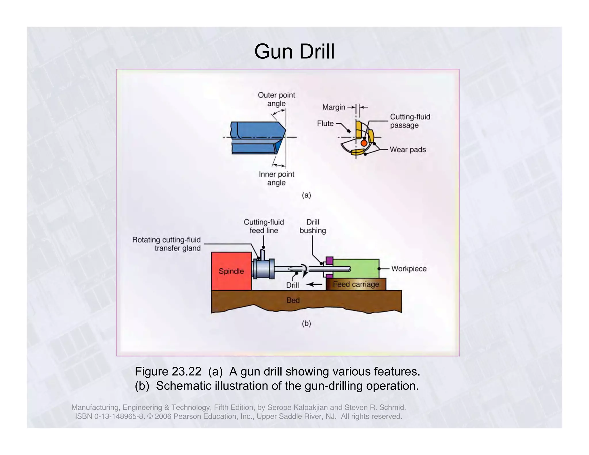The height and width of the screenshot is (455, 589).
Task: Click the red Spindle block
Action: (x=231, y=271)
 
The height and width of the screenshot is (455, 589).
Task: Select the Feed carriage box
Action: (x=356, y=284)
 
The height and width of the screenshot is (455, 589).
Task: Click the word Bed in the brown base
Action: (x=293, y=300)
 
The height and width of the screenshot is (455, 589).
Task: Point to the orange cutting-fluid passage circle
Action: (x=364, y=143)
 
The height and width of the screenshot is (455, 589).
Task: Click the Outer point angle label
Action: (x=276, y=99)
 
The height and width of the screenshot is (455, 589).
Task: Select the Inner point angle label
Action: (x=276, y=178)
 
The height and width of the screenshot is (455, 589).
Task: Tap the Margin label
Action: (x=334, y=107)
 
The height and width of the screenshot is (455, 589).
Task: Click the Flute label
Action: (x=325, y=123)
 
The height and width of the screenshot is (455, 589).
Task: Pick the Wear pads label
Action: (x=408, y=150)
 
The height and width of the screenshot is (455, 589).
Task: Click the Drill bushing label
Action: (x=313, y=226)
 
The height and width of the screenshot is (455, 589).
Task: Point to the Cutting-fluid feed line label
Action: (x=264, y=226)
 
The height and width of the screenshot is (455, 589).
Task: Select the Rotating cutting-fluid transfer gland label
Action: (x=167, y=244)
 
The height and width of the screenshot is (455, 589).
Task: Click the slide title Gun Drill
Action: (x=294, y=52)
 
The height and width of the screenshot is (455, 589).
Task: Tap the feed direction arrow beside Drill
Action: (x=314, y=284)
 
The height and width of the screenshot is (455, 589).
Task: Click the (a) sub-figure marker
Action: (x=306, y=195)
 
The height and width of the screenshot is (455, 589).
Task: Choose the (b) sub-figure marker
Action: (x=306, y=324)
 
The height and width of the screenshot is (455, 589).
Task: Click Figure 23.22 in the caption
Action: (x=168, y=372)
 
